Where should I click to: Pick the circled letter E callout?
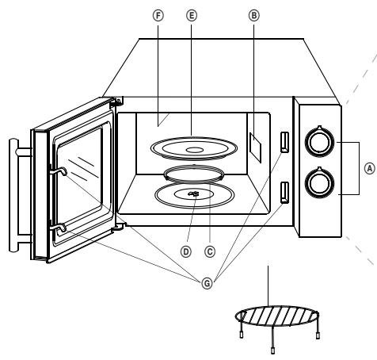(189, 14)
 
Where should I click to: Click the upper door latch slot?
(284, 141)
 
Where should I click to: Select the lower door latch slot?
(284, 191)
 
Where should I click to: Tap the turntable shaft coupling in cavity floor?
(193, 192)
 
